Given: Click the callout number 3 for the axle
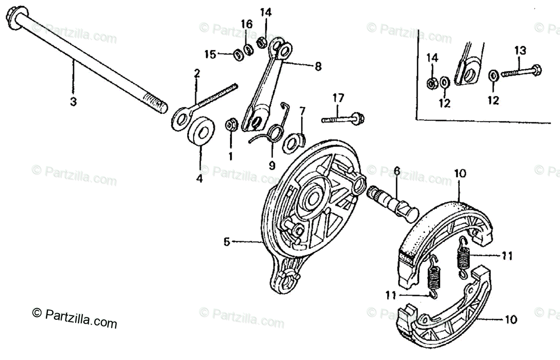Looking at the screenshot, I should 73,102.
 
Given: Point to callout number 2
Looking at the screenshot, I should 197,73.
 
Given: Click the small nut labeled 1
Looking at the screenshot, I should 230,125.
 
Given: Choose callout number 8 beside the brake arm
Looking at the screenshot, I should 318,67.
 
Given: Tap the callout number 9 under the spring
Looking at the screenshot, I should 272,165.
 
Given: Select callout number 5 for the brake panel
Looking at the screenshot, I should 227,242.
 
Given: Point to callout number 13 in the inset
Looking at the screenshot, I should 520,50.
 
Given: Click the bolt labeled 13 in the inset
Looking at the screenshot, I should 520,73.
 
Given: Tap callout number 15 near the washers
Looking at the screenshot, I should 211,55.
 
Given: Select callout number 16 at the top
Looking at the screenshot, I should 247,24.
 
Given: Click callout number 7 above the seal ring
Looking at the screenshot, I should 302,111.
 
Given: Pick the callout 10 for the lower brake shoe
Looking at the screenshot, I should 511,320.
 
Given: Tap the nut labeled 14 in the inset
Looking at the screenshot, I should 432,83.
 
